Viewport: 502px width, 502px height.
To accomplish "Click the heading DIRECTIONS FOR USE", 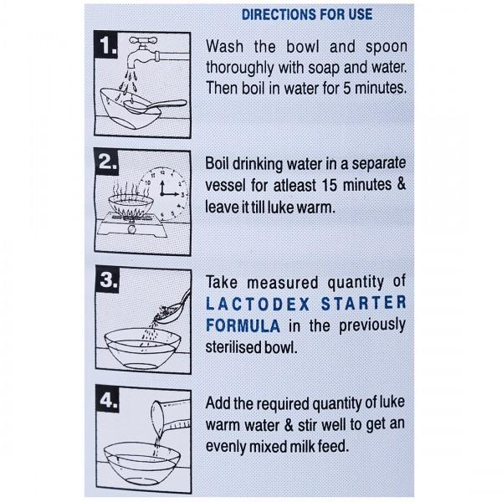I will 306,14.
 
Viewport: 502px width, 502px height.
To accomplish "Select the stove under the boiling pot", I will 135,224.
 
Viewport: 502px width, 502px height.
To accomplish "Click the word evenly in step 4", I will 227,447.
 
